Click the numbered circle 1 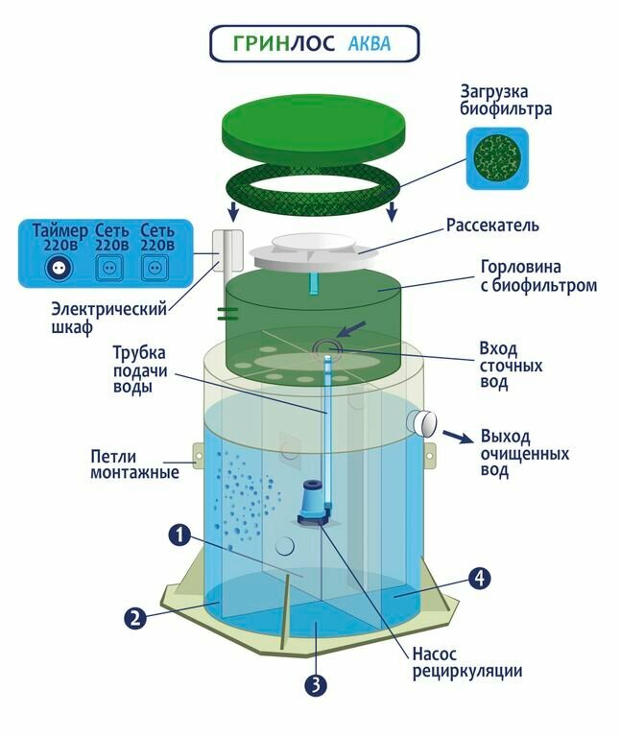pyautogui.click(x=178, y=535)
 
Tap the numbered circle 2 pyautogui.click(x=136, y=617)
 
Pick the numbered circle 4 pyautogui.click(x=480, y=578)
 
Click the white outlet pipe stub pyautogui.click(x=421, y=421)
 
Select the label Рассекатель pyautogui.click(x=492, y=226)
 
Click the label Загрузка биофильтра pyautogui.click(x=505, y=101)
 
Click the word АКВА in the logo pyautogui.click(x=369, y=44)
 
